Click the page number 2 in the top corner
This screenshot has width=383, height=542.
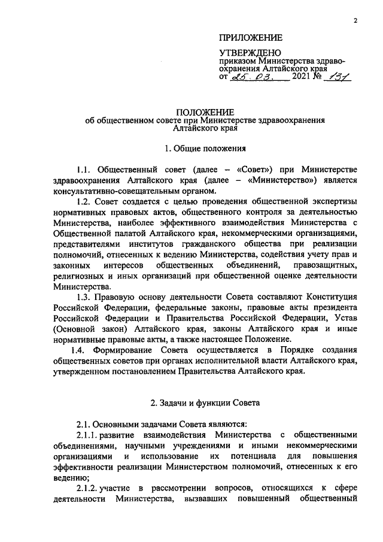coord(355,20)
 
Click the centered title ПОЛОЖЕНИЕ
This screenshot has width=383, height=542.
coord(205,112)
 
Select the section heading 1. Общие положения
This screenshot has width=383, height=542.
coord(205,147)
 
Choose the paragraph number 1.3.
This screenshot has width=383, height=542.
coord(86,297)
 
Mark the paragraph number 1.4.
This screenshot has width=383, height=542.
coord(81,349)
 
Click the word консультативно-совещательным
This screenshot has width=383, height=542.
coord(111,190)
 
